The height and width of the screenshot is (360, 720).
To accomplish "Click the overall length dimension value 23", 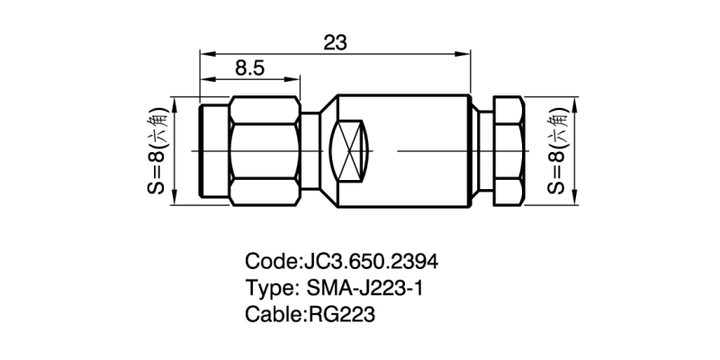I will click(334, 42).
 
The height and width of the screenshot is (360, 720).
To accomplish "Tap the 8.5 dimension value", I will click(249, 67).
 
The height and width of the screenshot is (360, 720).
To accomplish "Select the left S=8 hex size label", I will click(157, 148).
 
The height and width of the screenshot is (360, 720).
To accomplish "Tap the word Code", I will click(269, 262).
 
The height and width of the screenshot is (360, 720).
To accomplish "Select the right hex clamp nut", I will click(507, 148).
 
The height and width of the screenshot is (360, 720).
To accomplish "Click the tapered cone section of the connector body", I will click(319, 149).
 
